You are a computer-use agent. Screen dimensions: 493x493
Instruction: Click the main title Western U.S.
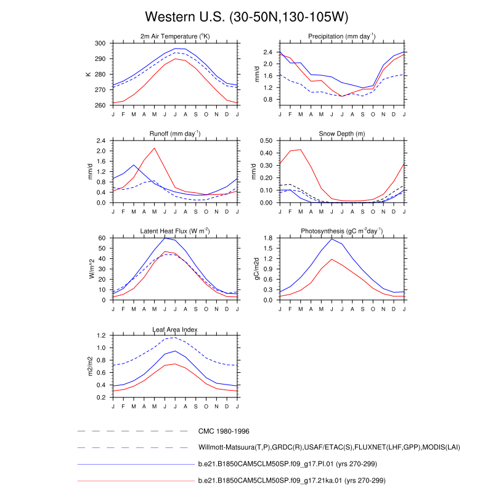pyautogui.click(x=246, y=16)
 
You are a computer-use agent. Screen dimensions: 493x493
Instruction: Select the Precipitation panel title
pyautogui.click(x=342, y=37)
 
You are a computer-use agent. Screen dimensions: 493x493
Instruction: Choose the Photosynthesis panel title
pyautogui.click(x=342, y=231)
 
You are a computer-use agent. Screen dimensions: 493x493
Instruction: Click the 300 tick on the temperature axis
pyautogui.click(x=100, y=44)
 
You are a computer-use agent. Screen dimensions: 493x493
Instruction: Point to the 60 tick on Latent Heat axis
pyautogui.click(x=102, y=238)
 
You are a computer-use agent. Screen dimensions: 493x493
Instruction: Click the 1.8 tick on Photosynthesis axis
pyautogui.click(x=268, y=238)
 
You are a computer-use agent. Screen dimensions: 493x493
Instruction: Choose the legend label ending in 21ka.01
pyautogui.click(x=296, y=479)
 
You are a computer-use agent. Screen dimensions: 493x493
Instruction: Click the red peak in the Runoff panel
pyautogui.click(x=154, y=148)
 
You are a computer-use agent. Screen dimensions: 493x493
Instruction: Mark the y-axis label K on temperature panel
pyautogui.click(x=88, y=75)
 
